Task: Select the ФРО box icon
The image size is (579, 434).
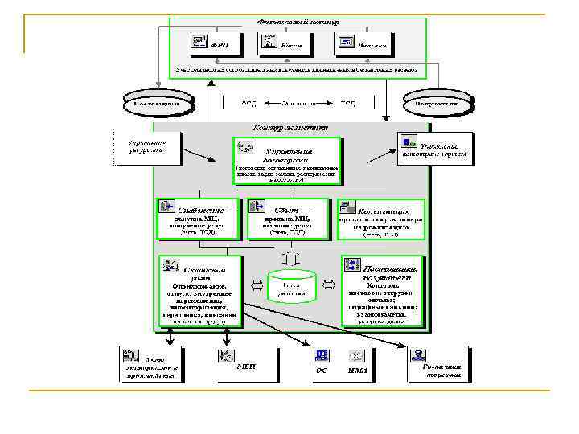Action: click(x=199, y=43)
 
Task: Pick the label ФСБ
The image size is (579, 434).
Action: click(x=249, y=104)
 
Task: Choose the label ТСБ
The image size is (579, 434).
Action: click(x=348, y=104)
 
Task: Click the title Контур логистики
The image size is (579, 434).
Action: click(x=289, y=127)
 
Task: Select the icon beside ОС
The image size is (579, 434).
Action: click(x=321, y=356)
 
